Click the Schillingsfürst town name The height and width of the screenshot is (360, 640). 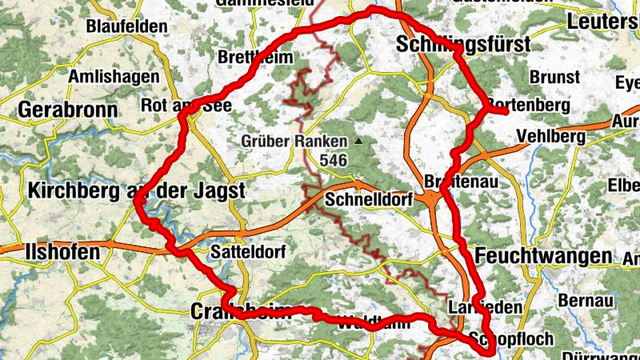click(x=462, y=46)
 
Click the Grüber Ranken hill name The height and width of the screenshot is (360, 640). click(x=295, y=142)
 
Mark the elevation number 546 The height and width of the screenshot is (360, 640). click(x=332, y=161)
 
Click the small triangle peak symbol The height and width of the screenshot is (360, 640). click(x=358, y=142)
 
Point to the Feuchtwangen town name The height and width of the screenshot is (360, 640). click(x=543, y=256)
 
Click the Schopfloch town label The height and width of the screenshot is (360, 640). click(x=512, y=339)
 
